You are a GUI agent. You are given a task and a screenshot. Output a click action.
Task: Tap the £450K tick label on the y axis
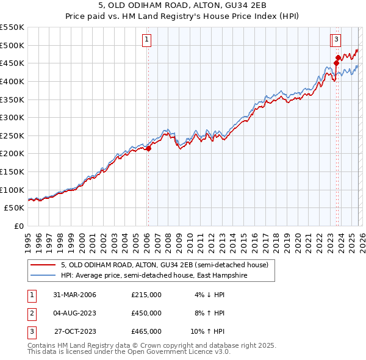(x=12, y=63)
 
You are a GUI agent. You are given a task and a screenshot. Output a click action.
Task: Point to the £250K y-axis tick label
(x=12, y=135)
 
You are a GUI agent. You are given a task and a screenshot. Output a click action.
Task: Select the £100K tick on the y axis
(x=12, y=190)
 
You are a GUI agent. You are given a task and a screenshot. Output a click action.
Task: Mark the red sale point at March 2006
(x=148, y=148)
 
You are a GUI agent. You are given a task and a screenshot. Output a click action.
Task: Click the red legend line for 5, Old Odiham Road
(x=43, y=265)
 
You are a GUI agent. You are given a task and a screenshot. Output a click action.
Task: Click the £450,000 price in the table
(x=146, y=313)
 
